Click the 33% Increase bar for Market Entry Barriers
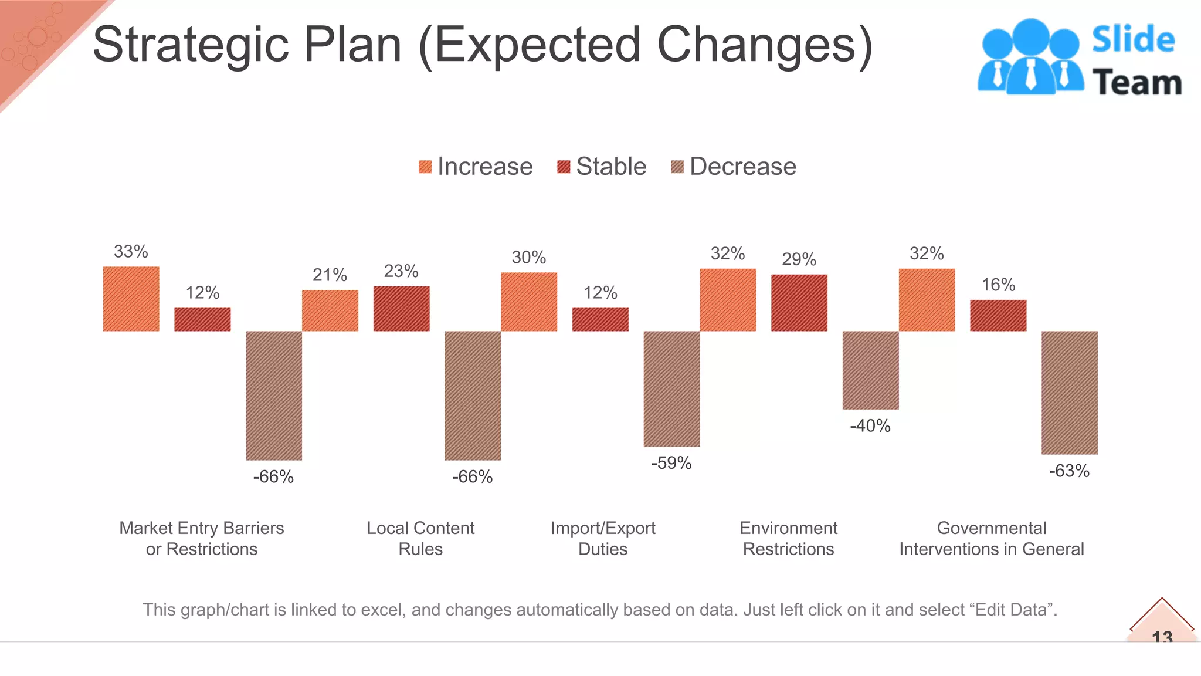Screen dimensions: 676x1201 pyautogui.click(x=131, y=299)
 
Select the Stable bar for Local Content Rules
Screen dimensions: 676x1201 pyautogui.click(x=401, y=309)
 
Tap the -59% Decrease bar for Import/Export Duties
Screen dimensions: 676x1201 pyautogui.click(x=671, y=388)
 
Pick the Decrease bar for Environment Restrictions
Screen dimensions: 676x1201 pyautogui.click(x=870, y=370)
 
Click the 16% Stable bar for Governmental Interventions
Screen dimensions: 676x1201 pyautogui.click(x=998, y=316)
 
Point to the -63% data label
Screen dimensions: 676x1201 pyautogui.click(x=1069, y=471)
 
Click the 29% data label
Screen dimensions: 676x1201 pyautogui.click(x=799, y=259)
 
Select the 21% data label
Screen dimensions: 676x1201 pyautogui.click(x=330, y=275)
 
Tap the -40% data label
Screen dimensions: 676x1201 pyautogui.click(x=870, y=425)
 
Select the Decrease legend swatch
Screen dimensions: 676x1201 pyautogui.click(x=677, y=167)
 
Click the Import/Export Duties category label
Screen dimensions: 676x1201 pyautogui.click(x=603, y=538)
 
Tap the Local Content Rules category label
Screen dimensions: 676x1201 pyautogui.click(x=420, y=538)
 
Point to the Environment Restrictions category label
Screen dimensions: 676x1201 pyautogui.click(x=788, y=538)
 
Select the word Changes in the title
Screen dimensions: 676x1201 pyautogui.click(x=765, y=46)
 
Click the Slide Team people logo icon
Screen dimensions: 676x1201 pyautogui.click(x=1030, y=57)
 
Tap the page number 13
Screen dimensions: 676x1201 pyautogui.click(x=1162, y=636)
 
